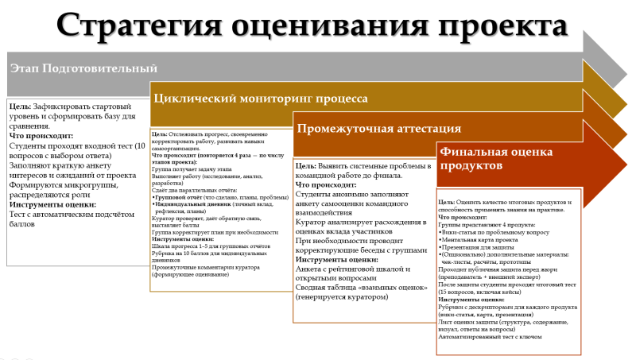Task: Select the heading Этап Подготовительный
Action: (83, 68)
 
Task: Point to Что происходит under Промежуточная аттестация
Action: (327, 184)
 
